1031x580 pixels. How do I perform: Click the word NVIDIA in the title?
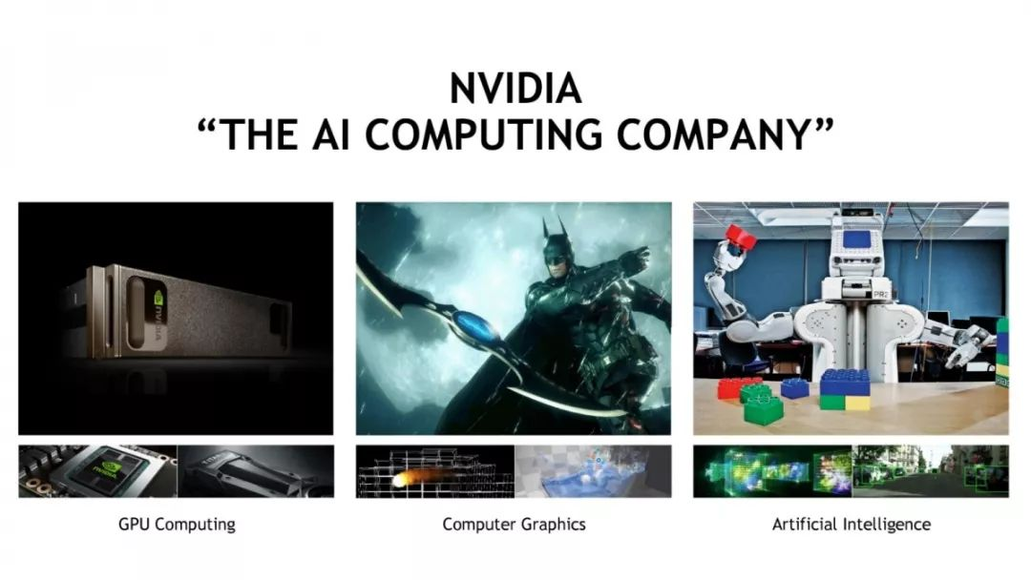tap(515, 88)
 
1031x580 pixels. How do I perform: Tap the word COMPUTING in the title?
tap(483, 135)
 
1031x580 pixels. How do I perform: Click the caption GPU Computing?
tap(177, 525)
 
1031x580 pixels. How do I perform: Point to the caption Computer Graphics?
tap(514, 525)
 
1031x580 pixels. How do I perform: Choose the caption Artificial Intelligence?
tap(851, 524)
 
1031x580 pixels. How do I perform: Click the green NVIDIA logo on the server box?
tap(158, 299)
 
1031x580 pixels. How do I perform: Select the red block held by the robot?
tap(741, 238)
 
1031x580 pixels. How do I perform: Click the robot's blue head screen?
tap(854, 238)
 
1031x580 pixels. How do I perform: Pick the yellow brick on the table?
tap(857, 403)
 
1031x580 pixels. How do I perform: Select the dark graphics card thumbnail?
tap(256, 471)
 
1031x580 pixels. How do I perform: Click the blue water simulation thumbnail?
tap(593, 471)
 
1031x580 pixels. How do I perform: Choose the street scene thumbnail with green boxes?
tap(931, 471)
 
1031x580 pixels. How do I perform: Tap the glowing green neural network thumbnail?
tap(772, 471)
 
